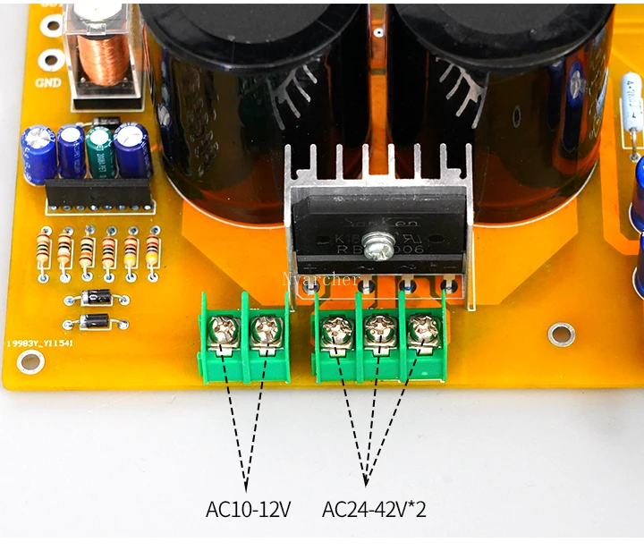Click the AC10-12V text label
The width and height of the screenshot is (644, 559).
(x=249, y=511)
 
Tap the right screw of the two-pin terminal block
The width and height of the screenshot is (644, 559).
(x=264, y=331)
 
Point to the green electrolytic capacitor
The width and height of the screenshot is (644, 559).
(x=98, y=150)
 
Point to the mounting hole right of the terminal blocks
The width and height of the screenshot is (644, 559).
(x=561, y=335)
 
